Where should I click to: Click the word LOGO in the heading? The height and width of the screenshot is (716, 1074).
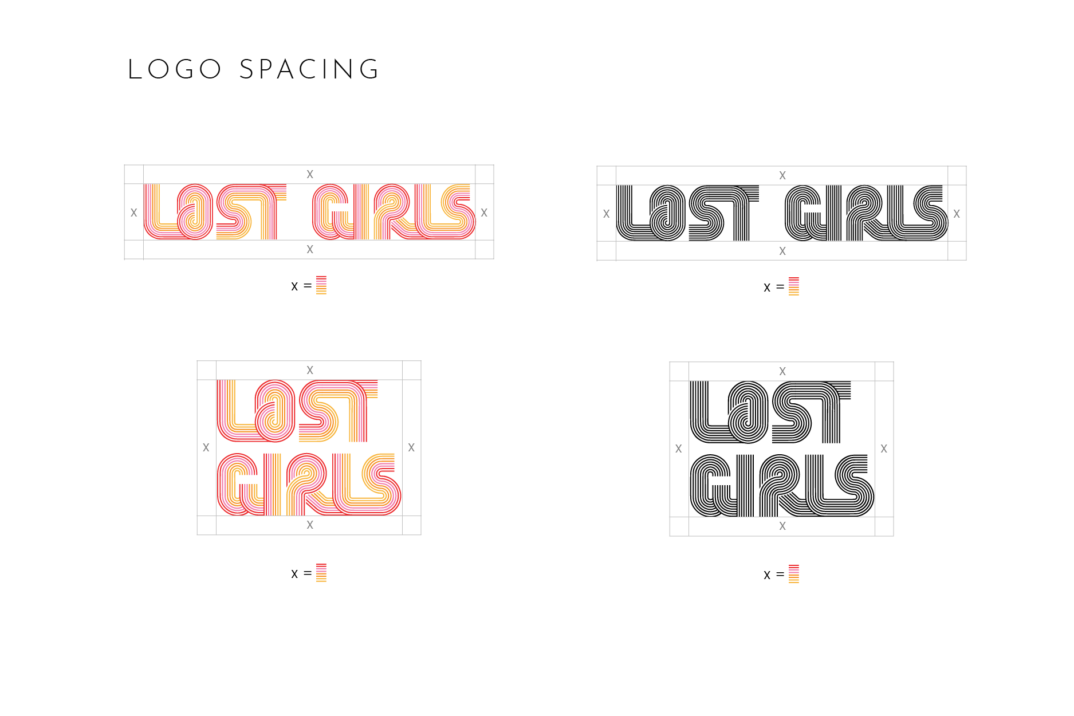(x=175, y=70)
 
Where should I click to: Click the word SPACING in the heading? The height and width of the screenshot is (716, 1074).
(x=309, y=70)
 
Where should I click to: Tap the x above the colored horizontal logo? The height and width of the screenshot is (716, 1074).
(x=310, y=174)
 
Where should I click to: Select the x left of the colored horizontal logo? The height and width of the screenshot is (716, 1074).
(x=133, y=213)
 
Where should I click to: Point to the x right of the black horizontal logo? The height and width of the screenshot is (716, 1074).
(x=957, y=214)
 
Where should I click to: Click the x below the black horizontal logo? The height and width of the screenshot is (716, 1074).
(x=782, y=251)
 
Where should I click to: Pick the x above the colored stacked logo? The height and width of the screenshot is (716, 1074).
(x=310, y=370)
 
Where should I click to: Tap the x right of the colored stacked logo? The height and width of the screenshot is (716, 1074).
(x=411, y=447)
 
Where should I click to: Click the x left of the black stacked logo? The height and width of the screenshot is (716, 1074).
(x=679, y=449)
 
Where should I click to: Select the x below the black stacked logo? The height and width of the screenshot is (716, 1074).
(x=782, y=526)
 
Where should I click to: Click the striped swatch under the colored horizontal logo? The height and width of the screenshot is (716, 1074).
(x=321, y=285)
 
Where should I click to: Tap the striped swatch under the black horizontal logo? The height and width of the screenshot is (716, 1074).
(x=794, y=286)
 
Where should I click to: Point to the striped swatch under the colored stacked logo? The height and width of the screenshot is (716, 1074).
(x=321, y=573)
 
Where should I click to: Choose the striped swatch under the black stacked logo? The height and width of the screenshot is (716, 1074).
(x=794, y=574)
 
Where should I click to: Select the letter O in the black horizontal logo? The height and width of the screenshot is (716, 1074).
(x=667, y=213)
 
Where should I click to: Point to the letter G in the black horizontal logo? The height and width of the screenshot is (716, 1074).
(x=805, y=213)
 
